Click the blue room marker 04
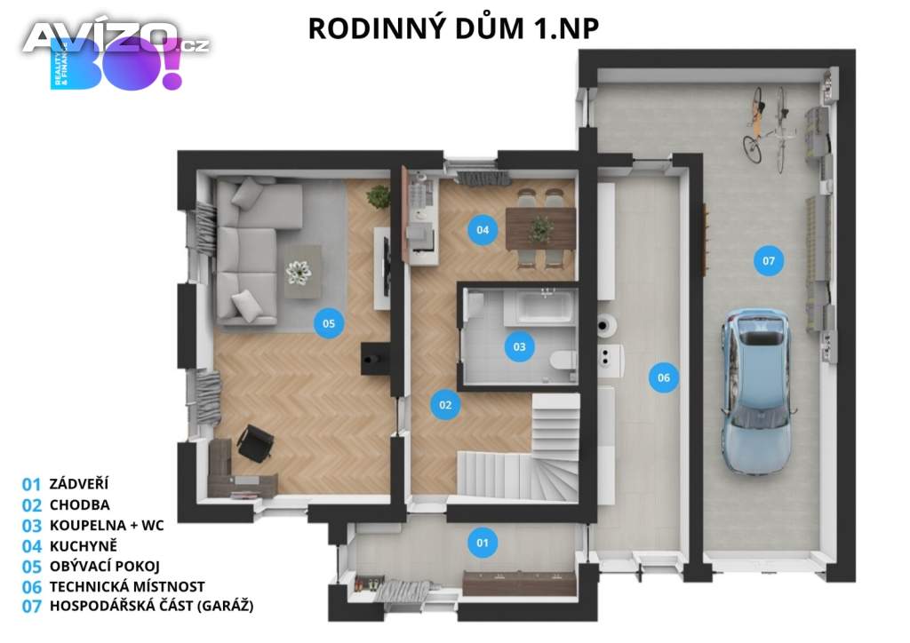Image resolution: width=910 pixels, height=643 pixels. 483,230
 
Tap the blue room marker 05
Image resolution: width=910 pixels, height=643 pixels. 329,323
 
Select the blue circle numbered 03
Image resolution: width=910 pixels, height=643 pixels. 519,346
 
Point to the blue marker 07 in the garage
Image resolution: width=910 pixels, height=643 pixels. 769,261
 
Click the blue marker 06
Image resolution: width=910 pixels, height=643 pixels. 663,378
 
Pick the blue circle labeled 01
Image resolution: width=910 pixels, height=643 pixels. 483,544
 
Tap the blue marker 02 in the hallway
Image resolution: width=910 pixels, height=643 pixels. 445,405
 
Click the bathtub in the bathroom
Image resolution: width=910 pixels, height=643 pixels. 539,306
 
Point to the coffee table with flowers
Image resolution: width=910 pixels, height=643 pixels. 302,272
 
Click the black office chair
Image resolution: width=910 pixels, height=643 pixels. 254,443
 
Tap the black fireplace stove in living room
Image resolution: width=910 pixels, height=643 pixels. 374,358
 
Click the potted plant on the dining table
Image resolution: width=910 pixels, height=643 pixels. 540,230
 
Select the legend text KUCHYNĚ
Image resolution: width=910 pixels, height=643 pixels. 83,546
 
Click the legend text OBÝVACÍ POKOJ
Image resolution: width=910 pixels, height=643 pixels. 105,567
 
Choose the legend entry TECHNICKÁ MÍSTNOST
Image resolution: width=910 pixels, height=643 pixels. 127,587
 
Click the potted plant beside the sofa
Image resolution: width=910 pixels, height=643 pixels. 379,196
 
